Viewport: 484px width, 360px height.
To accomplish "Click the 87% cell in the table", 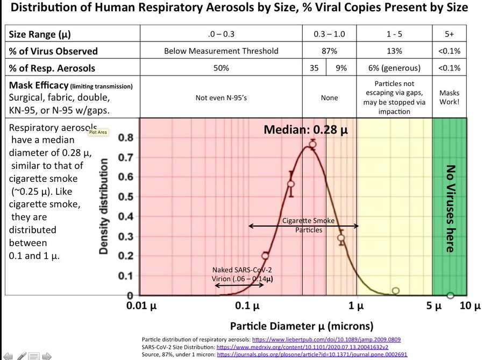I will click(x=329, y=51).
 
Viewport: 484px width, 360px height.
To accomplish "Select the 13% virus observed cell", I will click(x=394, y=51).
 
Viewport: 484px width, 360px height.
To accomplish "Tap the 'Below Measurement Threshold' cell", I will click(x=221, y=51).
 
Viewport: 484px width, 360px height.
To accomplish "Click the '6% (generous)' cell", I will click(x=394, y=68).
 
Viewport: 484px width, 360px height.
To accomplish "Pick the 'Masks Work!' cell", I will click(x=450, y=97).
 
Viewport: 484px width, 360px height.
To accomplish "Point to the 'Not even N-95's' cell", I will click(x=221, y=98).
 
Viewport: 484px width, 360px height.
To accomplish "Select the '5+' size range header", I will click(x=450, y=34).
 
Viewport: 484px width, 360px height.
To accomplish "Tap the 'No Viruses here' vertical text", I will click(x=450, y=208).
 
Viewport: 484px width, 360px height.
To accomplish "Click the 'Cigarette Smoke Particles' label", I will click(x=309, y=225).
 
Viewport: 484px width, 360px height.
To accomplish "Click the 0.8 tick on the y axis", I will click(x=125, y=138).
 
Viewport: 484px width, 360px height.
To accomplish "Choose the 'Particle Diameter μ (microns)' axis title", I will click(x=302, y=326).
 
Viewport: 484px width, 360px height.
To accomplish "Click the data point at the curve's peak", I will click(x=312, y=144).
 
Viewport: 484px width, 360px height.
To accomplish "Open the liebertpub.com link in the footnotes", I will click(x=326, y=340).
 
